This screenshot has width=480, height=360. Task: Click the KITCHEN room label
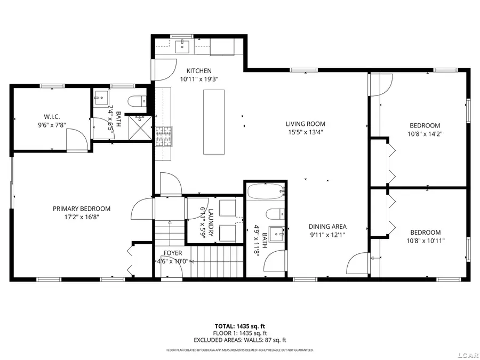click(199, 71)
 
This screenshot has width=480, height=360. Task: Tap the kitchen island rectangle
click(214, 122)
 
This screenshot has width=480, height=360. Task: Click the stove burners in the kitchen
click(164, 136)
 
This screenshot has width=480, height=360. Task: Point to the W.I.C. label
click(52, 117)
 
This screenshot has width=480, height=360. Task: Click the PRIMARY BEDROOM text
click(82, 209)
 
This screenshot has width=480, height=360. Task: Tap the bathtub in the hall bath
click(266, 191)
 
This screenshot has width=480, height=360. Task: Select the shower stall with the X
click(140, 127)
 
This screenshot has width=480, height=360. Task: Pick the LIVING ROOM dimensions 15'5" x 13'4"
click(305, 132)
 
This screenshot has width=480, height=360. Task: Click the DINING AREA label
click(327, 227)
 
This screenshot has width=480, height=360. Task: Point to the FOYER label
click(173, 253)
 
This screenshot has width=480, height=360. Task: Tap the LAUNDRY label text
click(211, 222)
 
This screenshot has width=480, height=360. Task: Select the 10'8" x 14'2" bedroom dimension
click(425, 133)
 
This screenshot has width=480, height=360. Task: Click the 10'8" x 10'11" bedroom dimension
click(426, 241)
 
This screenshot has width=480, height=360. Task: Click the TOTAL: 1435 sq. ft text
click(239, 326)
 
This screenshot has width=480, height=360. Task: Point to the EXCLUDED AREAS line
click(240, 340)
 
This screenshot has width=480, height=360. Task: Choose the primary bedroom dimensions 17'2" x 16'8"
click(82, 217)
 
